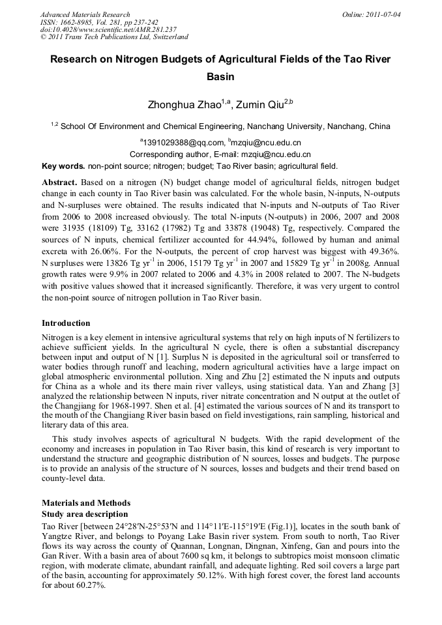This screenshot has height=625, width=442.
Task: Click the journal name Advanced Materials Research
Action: [85, 14]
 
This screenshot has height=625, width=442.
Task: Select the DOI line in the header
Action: [108, 29]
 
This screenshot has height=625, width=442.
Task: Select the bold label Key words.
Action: [63, 166]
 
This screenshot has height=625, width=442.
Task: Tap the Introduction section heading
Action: [66, 323]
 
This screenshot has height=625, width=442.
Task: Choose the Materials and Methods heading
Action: [86, 503]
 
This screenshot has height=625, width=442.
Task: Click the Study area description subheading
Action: [85, 514]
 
